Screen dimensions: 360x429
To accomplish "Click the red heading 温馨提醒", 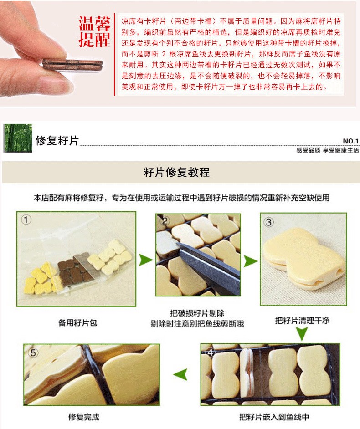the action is pos(94,31).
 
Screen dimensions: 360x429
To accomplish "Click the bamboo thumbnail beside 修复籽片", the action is pos(18,138).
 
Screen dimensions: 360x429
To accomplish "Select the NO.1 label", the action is pos(350,141).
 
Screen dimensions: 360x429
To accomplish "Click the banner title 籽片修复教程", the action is pos(176,172).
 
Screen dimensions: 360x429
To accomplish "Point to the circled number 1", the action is pos(26,220).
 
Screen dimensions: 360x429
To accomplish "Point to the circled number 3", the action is pos(268,222).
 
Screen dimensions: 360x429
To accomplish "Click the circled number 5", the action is pos(33,352).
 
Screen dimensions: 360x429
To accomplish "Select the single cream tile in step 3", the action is pos(304,259).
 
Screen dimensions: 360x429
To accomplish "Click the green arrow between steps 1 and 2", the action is pos(146,260).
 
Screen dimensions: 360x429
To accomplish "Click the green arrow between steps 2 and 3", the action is pos(250,261).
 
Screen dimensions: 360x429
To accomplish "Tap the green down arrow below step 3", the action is pos(302,334).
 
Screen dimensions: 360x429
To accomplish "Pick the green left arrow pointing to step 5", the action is pos(181,374).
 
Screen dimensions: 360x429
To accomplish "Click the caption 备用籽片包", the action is pos(78,323).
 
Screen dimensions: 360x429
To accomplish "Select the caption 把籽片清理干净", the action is pos(302,320).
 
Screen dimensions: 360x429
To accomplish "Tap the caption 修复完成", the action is pos(84,417).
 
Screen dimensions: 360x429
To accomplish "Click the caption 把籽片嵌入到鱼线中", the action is pos(274,417).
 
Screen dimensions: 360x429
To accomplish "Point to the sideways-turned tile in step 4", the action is pos(247,373).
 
